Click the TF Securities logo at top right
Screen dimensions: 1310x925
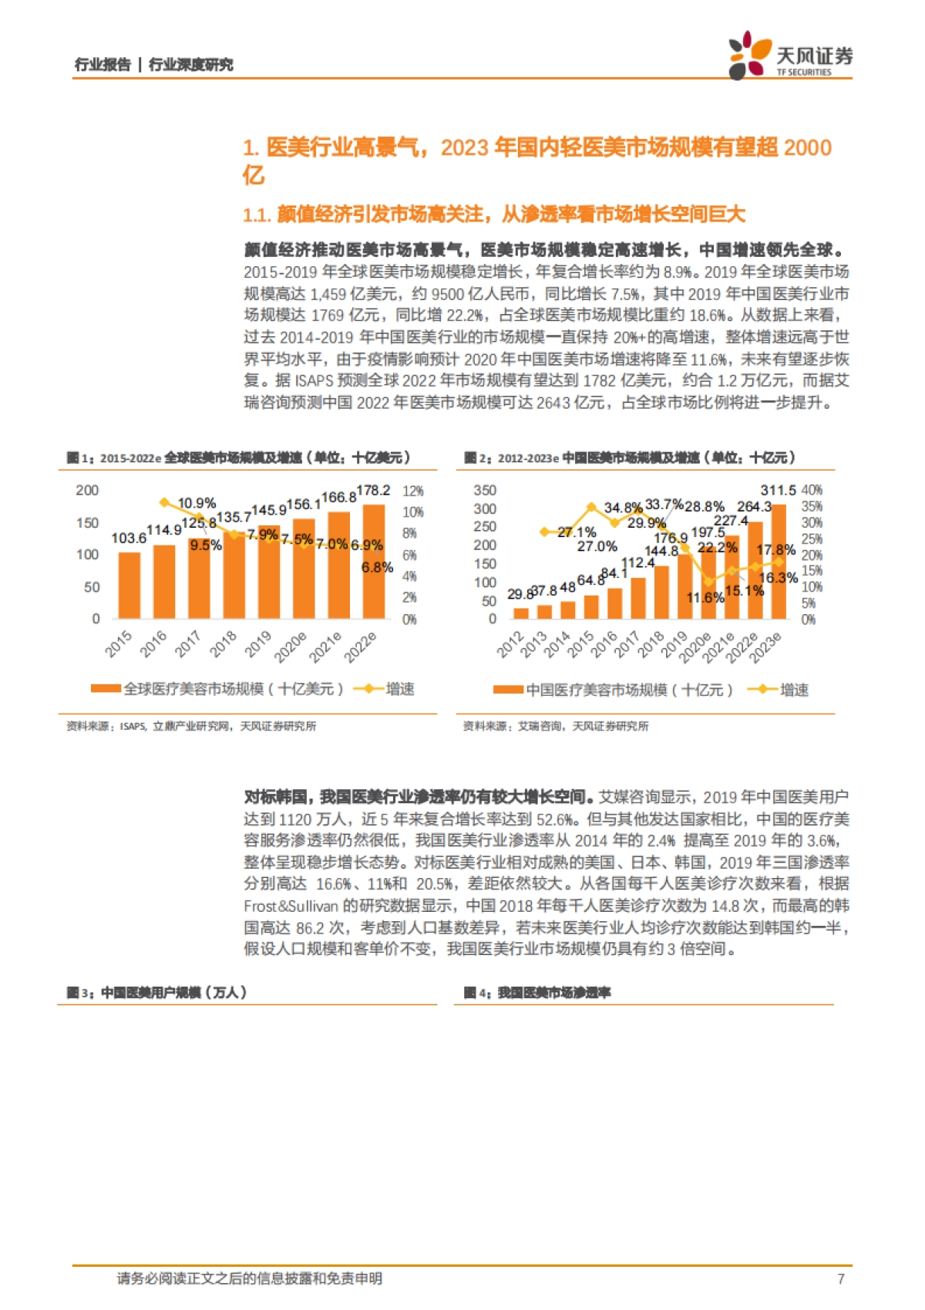790,55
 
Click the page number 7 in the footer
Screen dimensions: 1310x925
840,1278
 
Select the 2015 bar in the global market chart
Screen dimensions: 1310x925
129,585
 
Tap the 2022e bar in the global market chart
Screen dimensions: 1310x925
374,561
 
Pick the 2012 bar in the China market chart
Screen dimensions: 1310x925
521,613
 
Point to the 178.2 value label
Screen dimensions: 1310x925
373,491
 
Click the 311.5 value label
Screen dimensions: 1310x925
778,491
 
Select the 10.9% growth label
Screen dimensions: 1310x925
197,503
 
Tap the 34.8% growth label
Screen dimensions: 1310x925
623,508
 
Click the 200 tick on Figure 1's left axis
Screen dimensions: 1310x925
87,491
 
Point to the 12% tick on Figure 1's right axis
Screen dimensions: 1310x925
413,491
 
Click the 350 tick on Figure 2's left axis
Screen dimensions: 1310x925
485,491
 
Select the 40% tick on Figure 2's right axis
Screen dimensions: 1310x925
812,491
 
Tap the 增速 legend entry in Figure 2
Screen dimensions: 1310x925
794,690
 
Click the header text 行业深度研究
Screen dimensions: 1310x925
190,65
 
